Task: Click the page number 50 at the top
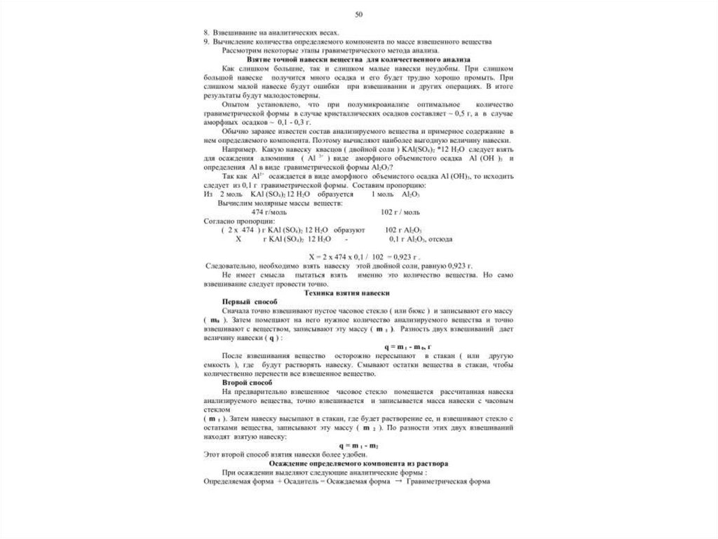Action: (x=359, y=15)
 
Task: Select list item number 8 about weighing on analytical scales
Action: (x=271, y=33)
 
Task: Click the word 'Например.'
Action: (x=238, y=149)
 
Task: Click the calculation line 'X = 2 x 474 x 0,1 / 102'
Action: (x=358, y=257)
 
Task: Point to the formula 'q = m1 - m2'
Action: (x=358, y=446)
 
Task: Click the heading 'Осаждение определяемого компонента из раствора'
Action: (x=358, y=464)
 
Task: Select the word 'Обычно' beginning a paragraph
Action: (x=235, y=131)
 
